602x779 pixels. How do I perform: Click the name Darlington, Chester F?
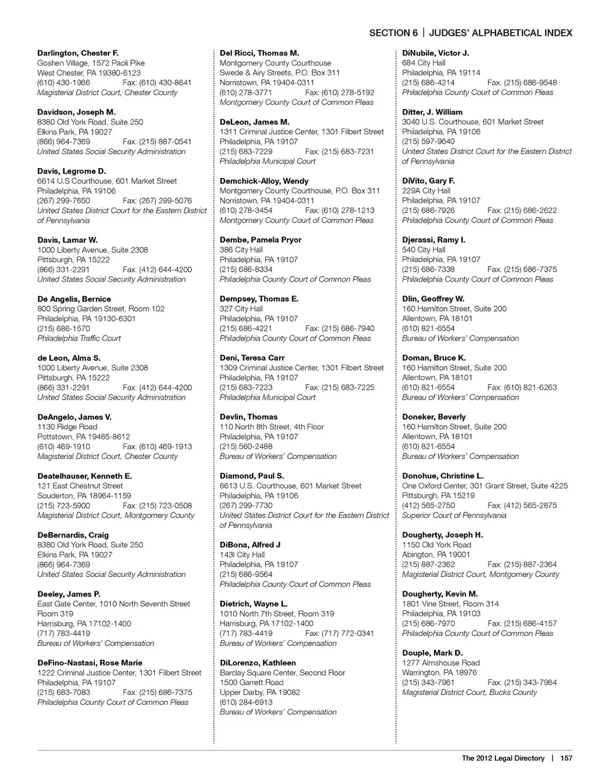coord(78,53)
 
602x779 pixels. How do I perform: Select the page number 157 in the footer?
coord(566,758)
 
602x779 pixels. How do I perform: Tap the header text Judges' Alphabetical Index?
coord(501,33)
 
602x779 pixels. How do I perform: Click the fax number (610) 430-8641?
coord(157,83)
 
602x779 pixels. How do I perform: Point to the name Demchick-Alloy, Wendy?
coord(264,181)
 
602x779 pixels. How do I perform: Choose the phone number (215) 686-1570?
coord(63,329)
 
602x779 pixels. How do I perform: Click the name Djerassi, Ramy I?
coord(434,240)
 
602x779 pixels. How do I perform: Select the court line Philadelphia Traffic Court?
coord(79,339)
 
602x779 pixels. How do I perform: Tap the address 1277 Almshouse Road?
coord(441,663)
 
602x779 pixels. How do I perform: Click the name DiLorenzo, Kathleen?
coord(258,663)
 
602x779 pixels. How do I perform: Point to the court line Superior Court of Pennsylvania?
coord(454,516)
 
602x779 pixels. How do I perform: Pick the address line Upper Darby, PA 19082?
coord(260,692)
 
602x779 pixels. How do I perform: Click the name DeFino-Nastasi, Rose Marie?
coord(90,663)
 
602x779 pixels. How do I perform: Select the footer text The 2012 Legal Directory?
coord(503,758)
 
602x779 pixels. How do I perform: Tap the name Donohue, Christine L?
coord(443,476)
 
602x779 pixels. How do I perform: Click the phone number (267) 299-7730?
coord(246,506)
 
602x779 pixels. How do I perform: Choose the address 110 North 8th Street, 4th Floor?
coord(272,427)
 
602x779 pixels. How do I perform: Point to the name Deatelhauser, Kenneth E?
coord(85,476)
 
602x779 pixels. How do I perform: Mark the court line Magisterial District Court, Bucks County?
coord(470,692)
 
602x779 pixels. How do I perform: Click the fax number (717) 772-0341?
coord(339,633)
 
